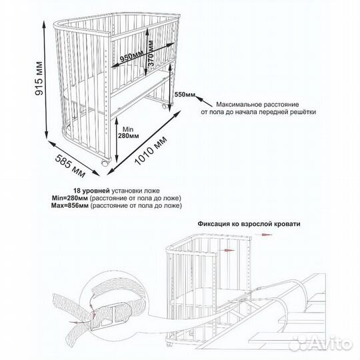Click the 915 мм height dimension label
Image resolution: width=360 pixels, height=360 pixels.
pos(39,78)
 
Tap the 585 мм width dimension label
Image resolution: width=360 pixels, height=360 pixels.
pos(70,166)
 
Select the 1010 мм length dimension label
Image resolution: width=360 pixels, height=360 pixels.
pos(151,151)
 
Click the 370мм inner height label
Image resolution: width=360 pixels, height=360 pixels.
pos(151,53)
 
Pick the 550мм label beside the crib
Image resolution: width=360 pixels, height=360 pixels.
pos(185,95)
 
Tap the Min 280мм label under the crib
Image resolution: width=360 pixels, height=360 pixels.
pos(129,133)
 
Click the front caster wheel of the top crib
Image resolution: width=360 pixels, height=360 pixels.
pos(105,163)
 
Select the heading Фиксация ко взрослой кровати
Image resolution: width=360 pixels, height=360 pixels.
pos(249,224)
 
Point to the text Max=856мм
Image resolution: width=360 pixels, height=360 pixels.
pos(69,205)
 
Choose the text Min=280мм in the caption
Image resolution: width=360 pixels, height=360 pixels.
pos(70,198)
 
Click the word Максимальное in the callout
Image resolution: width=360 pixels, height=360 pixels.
pos(239,105)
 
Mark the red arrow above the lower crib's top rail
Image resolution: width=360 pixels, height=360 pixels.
pos(263,235)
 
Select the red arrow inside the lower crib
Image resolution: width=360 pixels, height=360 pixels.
pos(227,250)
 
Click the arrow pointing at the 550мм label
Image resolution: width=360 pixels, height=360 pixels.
pos(203,101)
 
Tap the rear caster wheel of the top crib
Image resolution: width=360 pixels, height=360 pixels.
pos(165,106)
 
